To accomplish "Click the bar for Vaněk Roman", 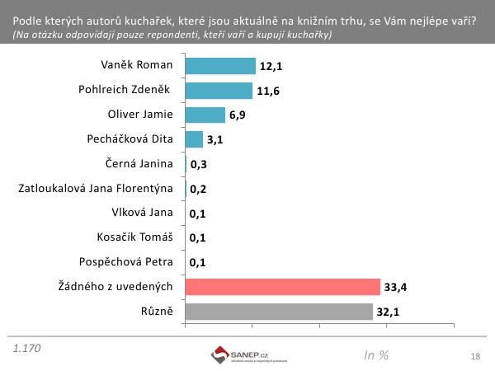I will pyautogui.click(x=220, y=66).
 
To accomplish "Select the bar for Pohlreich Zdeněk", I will pyautogui.click(x=219, y=91).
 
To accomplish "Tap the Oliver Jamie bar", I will pyautogui.click(x=205, y=115).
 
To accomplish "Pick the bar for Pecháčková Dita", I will pyautogui.click(x=194, y=139).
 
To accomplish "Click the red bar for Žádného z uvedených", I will pyautogui.click(x=282, y=287).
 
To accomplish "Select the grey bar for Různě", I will pyautogui.click(x=279, y=312).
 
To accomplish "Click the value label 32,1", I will pyautogui.click(x=388, y=312).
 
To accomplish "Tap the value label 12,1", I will pyautogui.click(x=271, y=66).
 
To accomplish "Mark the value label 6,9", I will pyautogui.click(x=238, y=115).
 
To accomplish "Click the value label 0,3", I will pyautogui.click(x=198, y=165).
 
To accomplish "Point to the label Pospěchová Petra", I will pyautogui.click(x=133, y=262).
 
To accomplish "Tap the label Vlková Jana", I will pyautogui.click(x=144, y=214).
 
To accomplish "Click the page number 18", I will pyautogui.click(x=474, y=356).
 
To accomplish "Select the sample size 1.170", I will pyautogui.click(x=26, y=349).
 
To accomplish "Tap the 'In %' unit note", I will pyautogui.click(x=375, y=355).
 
